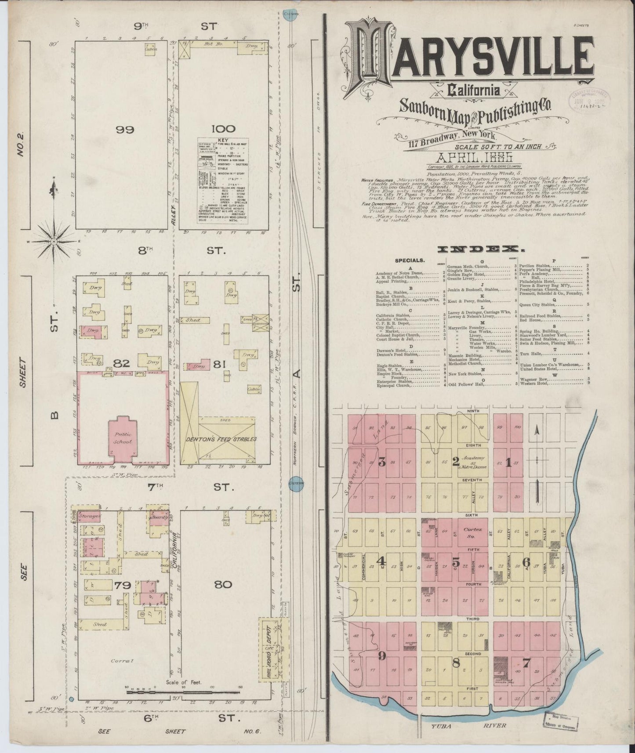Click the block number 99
(x=125, y=130)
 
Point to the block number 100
(x=223, y=129)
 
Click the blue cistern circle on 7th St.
(x=296, y=481)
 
